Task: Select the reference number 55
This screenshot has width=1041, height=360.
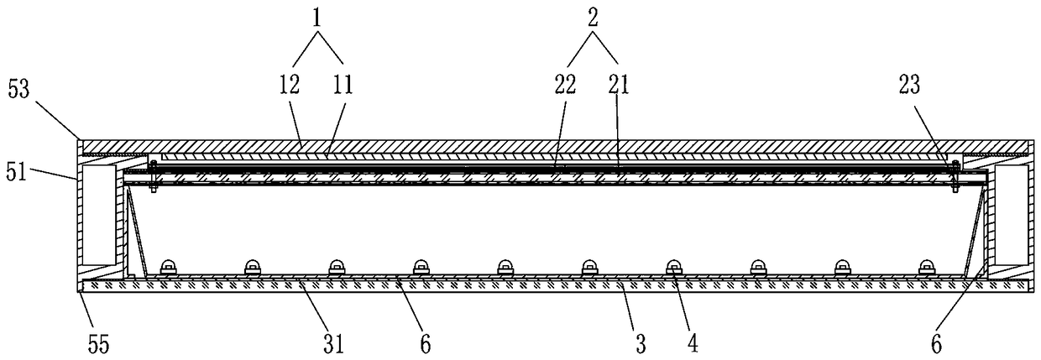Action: [x=97, y=343]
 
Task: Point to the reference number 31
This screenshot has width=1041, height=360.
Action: [x=312, y=343]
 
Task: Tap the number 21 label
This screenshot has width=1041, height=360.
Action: [x=619, y=85]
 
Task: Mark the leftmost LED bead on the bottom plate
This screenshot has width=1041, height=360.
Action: [x=168, y=266]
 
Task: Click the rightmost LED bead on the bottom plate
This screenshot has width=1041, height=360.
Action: [x=925, y=266]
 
